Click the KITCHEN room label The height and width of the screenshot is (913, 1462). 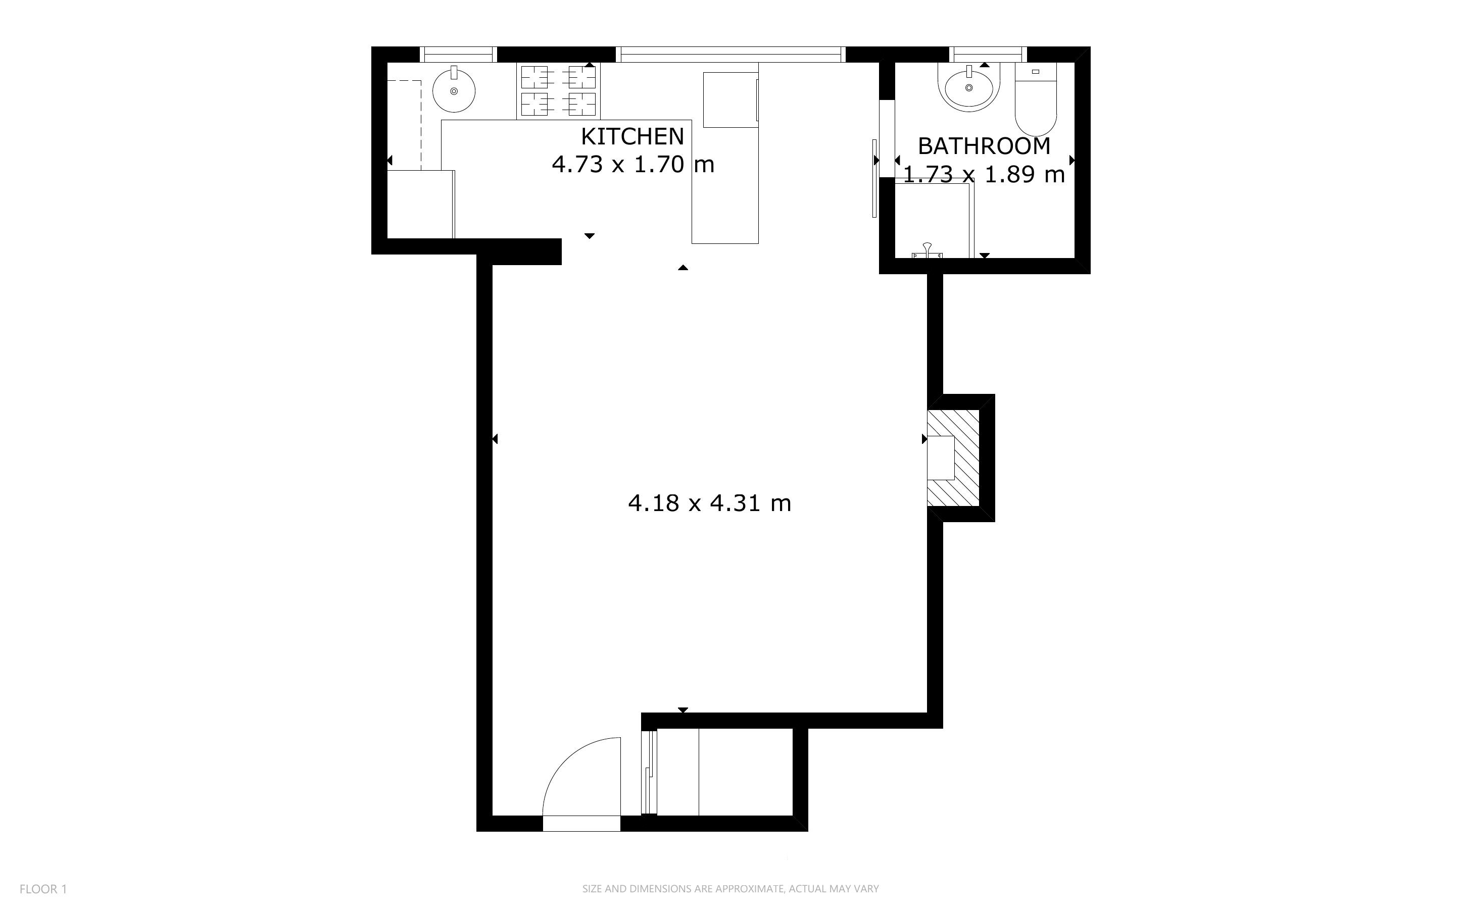[632, 136]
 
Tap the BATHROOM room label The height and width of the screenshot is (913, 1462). [984, 146]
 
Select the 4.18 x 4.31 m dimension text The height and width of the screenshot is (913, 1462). [710, 503]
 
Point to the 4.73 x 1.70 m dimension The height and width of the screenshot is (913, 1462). [633, 164]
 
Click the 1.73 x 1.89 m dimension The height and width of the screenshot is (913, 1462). [984, 175]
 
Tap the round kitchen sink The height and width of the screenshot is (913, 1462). [454, 90]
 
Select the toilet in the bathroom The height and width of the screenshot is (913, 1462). [1036, 99]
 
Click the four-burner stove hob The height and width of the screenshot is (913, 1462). [558, 90]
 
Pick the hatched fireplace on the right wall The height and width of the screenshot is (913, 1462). [953, 458]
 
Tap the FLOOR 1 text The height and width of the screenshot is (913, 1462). [43, 889]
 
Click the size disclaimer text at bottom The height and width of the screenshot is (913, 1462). [730, 889]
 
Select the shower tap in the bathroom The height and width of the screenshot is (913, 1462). [927, 250]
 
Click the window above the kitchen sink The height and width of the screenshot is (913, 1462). [458, 55]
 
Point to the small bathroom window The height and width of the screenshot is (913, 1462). [988, 55]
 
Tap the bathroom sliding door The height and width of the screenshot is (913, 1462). [874, 178]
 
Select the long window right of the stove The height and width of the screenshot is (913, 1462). [730, 55]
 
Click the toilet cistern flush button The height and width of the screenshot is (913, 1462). [1036, 72]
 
